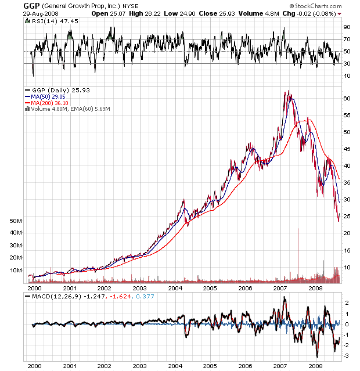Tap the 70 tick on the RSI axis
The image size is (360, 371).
pyautogui.click(x=347, y=39)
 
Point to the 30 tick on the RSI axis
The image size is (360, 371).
pyautogui.click(x=347, y=64)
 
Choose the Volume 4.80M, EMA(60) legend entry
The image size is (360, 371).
pyautogui.click(x=70, y=109)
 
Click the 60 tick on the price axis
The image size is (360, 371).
pyautogui.click(x=347, y=99)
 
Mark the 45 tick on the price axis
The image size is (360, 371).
pyautogui.click(x=347, y=149)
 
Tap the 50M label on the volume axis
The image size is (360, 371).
pyautogui.click(x=16, y=221)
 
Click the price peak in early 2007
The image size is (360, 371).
pyautogui.click(x=287, y=92)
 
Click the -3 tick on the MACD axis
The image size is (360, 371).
pyautogui.click(x=347, y=355)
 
